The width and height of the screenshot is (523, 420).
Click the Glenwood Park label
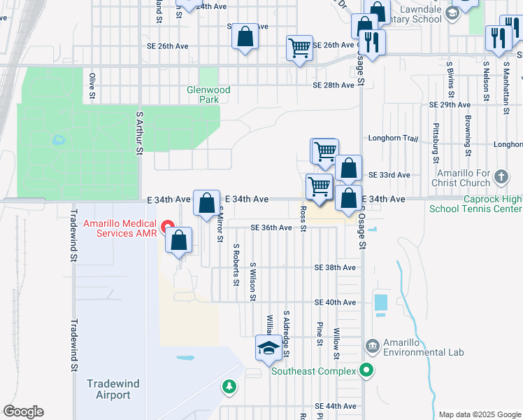click(208, 94)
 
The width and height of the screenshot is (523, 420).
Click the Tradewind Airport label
click(108, 389)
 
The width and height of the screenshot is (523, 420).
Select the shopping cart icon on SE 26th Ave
click(299, 48)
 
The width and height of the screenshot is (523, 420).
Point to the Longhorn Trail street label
click(392, 139)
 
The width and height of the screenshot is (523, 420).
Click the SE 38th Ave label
click(335, 267)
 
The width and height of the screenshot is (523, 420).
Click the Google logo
click(23, 412)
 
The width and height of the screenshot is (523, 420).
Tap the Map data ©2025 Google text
click(479, 414)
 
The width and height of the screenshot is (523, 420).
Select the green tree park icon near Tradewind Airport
click(228, 386)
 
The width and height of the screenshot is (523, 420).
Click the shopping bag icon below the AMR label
click(179, 240)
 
